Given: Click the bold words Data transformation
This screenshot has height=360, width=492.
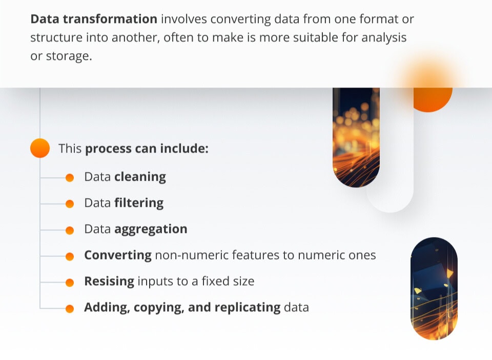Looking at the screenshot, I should click(x=94, y=19).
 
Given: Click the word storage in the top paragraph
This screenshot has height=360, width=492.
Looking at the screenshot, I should click(x=68, y=56).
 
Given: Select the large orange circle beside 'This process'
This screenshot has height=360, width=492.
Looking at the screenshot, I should click(x=40, y=149).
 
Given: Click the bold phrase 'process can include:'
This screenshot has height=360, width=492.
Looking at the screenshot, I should click(x=147, y=149).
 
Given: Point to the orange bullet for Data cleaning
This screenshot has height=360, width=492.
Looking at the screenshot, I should click(x=70, y=177).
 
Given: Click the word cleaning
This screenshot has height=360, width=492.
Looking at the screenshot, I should click(x=140, y=177).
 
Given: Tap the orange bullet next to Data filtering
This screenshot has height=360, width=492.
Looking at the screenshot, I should click(x=70, y=203).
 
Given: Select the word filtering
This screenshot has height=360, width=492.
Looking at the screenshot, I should click(x=139, y=203).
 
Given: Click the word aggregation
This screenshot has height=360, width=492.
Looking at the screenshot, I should click(x=151, y=229).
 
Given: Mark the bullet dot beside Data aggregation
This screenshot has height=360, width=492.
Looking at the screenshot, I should click(x=70, y=230).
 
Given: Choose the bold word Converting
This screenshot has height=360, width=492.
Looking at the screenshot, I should click(x=118, y=256).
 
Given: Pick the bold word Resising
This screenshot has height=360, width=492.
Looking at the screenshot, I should click(x=109, y=282).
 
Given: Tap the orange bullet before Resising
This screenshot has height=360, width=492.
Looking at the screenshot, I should click(x=70, y=282).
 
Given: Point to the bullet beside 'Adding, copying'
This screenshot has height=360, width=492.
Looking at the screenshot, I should click(x=70, y=308).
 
